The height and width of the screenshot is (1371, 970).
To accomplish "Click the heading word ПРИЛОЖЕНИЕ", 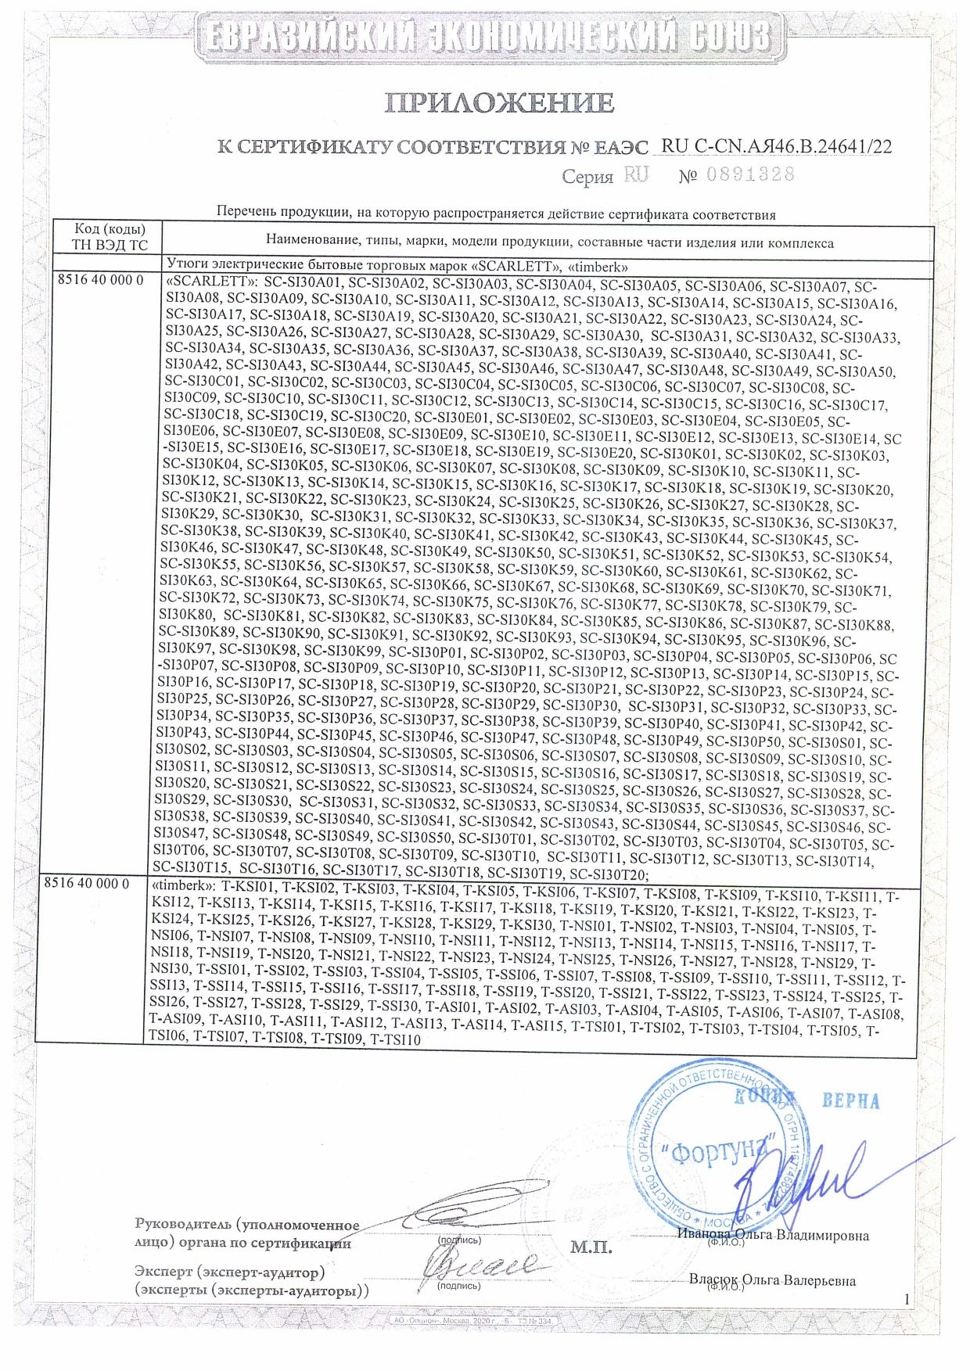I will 498,102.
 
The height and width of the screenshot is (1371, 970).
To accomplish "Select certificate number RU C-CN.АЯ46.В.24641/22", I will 776,146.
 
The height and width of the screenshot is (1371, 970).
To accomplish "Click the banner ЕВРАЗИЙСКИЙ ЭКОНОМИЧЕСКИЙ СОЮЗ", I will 484,38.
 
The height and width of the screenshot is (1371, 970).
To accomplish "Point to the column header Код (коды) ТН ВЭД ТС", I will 110,236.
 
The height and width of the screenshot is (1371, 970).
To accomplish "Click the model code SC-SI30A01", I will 302,285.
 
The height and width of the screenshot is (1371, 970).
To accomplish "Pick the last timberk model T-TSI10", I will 395,1039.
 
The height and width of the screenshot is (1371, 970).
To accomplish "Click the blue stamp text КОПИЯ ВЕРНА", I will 806,1100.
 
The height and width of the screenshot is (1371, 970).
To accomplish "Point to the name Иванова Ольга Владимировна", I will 774,1236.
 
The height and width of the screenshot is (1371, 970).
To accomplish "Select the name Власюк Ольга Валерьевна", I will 772,1280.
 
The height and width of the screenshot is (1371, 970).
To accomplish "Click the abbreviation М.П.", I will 591,1247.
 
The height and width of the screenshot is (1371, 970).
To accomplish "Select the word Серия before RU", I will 587,177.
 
